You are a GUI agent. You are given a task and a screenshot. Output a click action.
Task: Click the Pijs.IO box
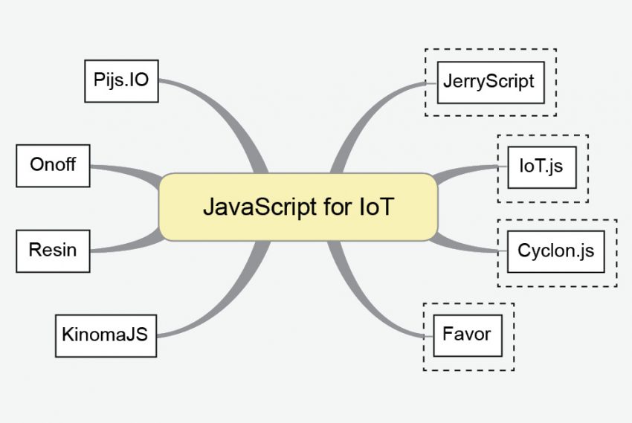(121, 80)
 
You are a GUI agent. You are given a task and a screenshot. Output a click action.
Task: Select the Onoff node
(53, 165)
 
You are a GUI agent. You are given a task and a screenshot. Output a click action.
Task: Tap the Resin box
(53, 250)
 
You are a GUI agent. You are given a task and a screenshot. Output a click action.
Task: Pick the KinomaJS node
(106, 335)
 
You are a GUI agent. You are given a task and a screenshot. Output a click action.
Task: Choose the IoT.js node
(541, 167)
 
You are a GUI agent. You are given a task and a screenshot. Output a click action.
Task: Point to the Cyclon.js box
(555, 251)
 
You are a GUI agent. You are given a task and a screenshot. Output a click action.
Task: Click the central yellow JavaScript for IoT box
(297, 207)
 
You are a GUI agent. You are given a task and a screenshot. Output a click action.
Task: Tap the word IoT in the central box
(374, 207)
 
